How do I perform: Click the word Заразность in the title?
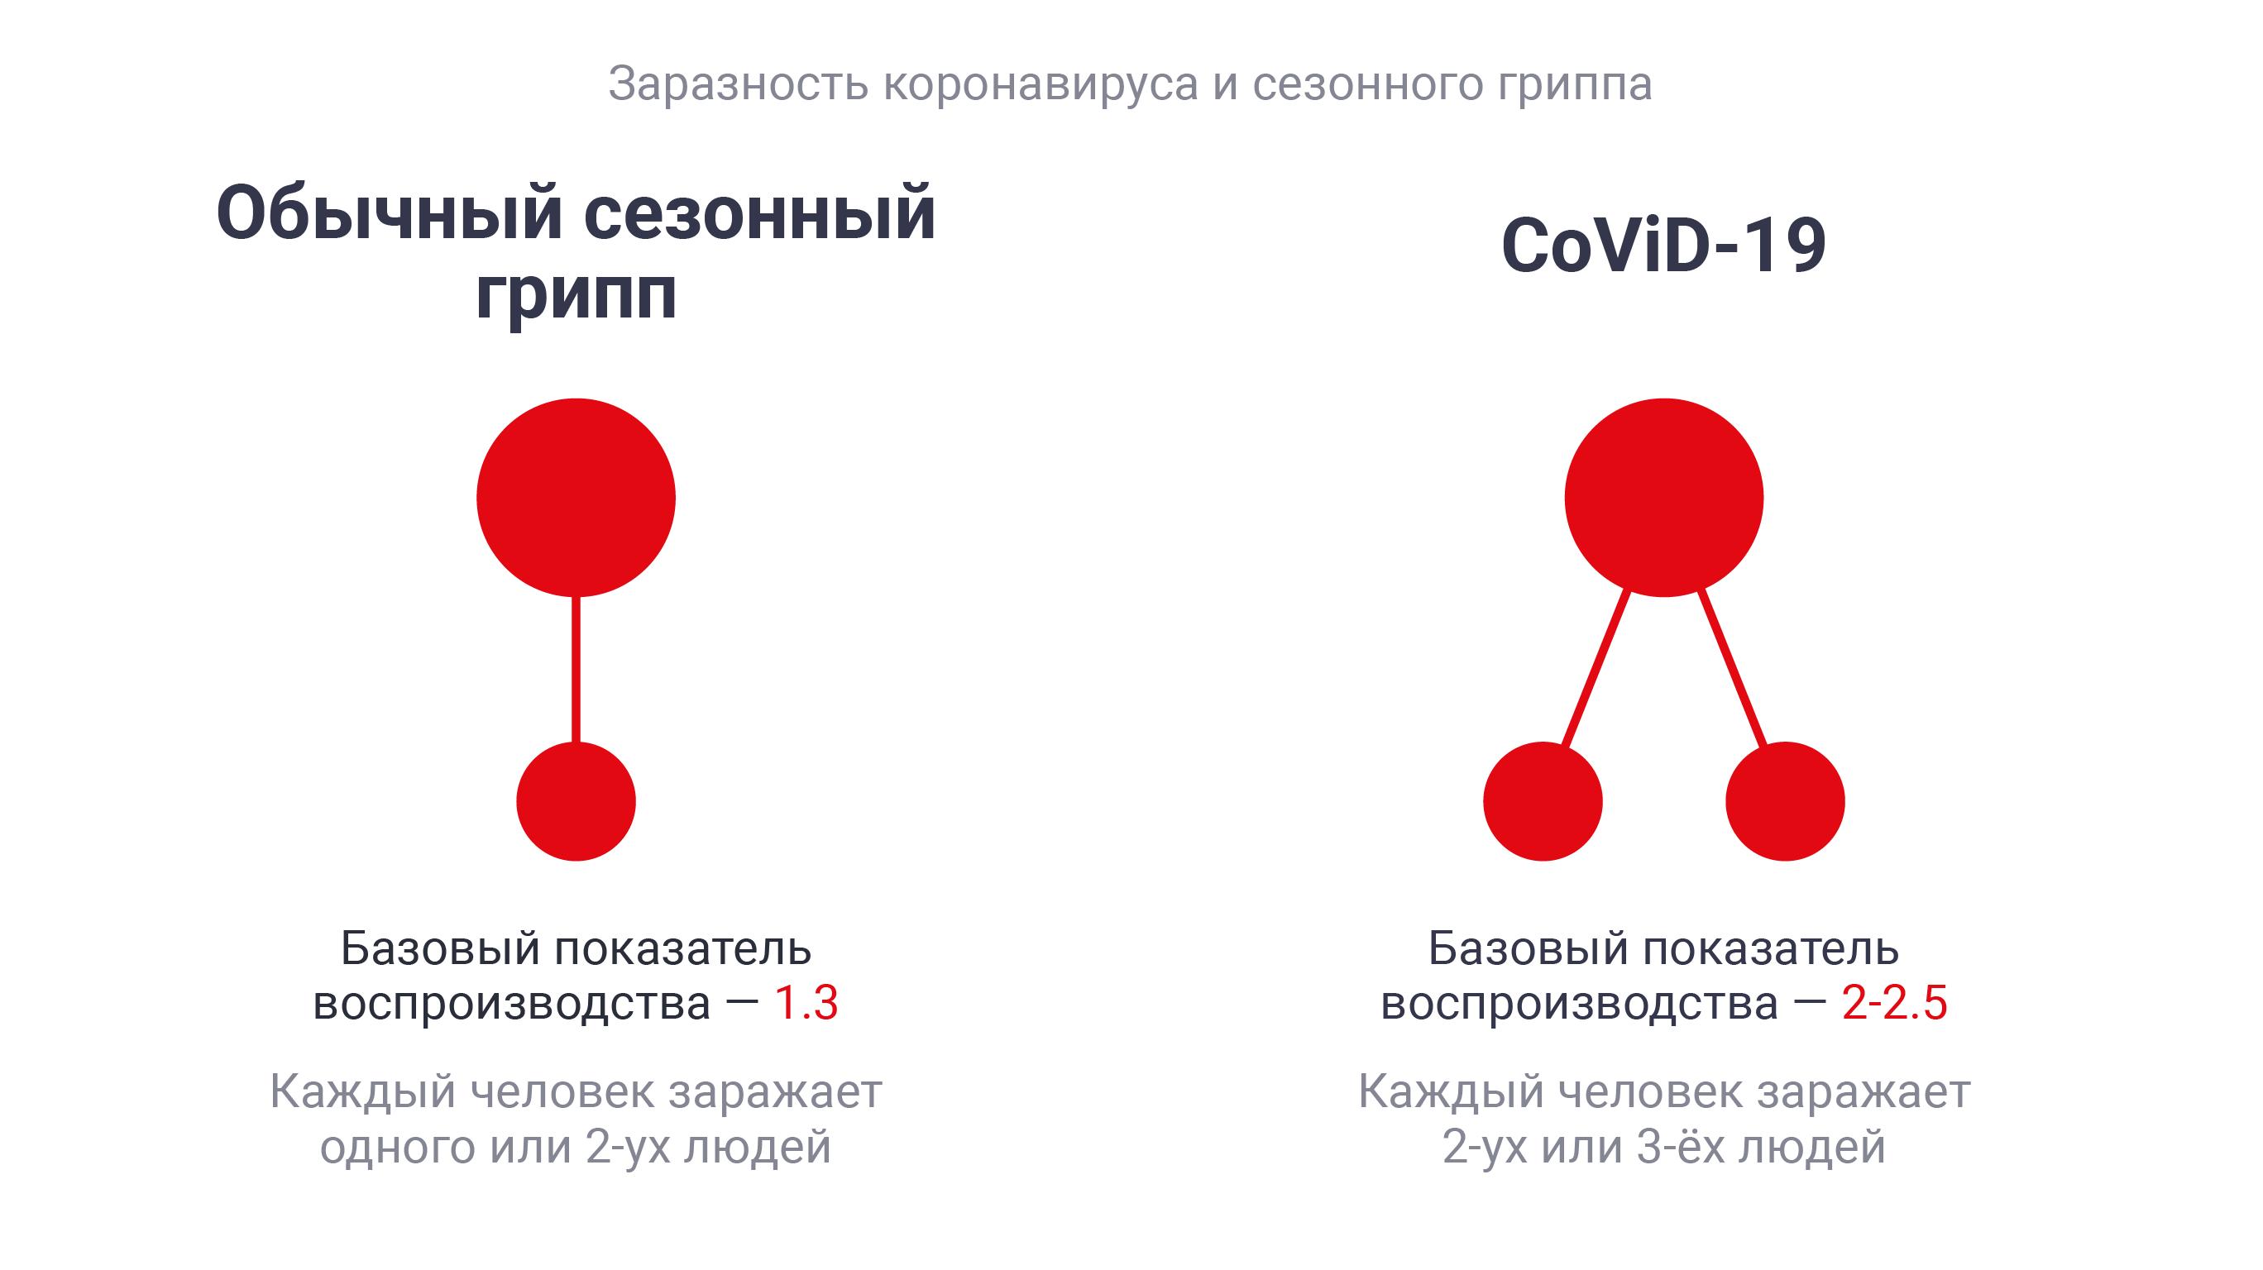[x=738, y=84]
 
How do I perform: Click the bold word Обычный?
[x=390, y=212]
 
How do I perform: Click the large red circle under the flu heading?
[x=577, y=498]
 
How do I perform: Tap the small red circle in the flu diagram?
[x=577, y=801]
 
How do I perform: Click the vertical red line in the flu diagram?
[x=577, y=669]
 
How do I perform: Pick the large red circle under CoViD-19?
[x=1664, y=498]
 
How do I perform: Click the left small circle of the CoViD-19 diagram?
[x=1543, y=801]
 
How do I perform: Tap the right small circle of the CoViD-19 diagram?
[x=1785, y=801]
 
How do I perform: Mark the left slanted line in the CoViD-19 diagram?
[x=1596, y=669]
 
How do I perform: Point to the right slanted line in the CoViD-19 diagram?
[x=1731, y=669]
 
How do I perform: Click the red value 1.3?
[x=806, y=1003]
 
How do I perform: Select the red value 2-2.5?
[x=1895, y=1003]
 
